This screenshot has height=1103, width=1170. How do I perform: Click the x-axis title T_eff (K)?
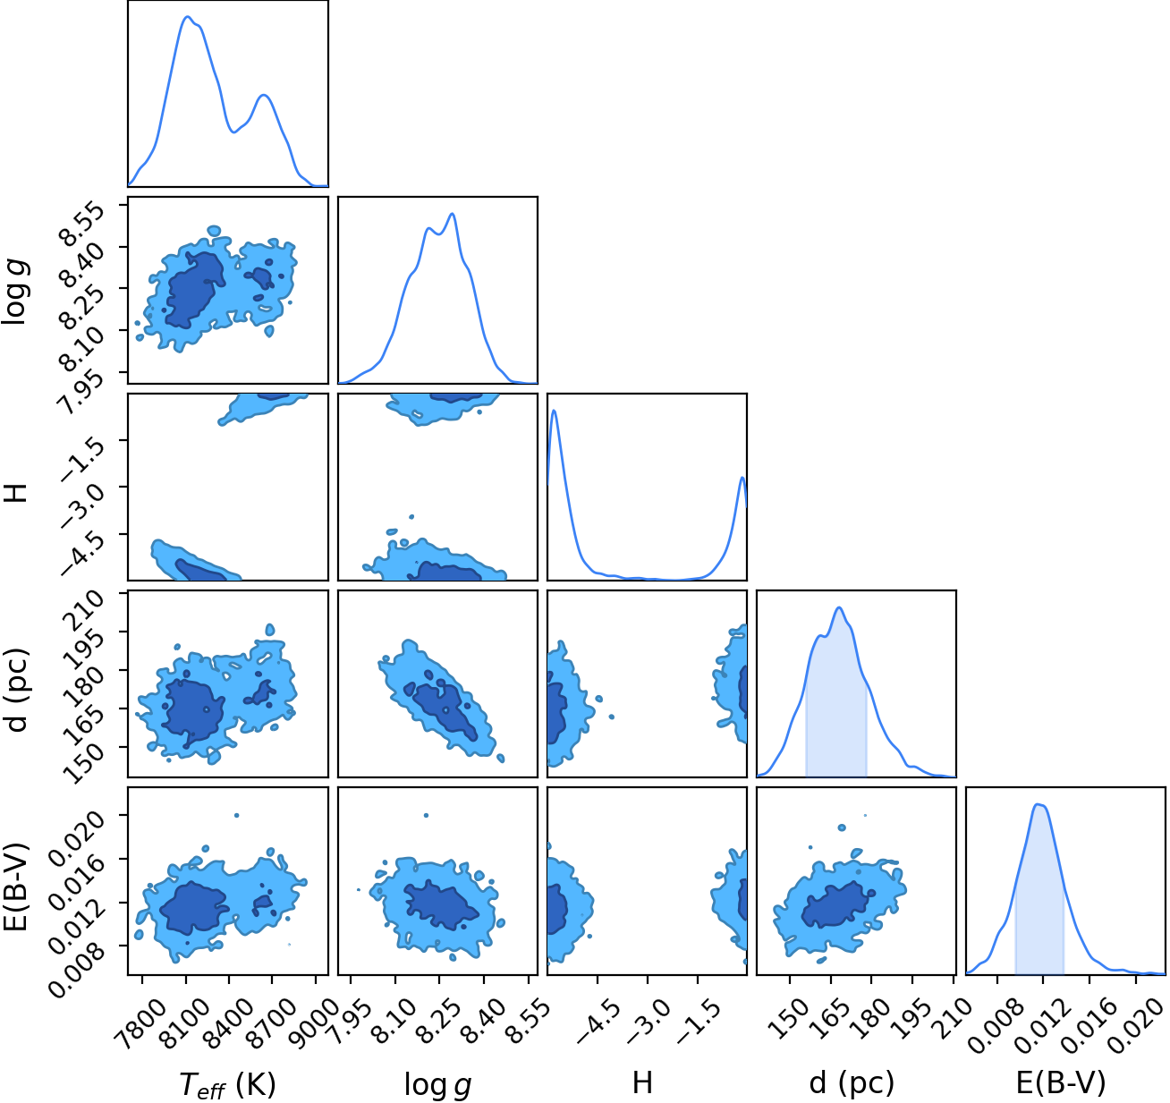click(x=227, y=1083)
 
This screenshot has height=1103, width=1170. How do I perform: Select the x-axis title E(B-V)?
click(x=1060, y=1082)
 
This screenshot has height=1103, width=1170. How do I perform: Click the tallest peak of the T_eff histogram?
click(x=187, y=16)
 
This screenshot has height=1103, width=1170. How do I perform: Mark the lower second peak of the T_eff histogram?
click(x=264, y=95)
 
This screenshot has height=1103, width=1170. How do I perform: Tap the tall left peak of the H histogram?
click(x=554, y=411)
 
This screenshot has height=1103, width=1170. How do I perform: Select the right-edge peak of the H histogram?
click(x=742, y=478)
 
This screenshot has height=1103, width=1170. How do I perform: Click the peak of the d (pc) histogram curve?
click(x=839, y=607)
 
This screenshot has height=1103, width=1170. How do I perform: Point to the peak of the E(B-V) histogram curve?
click(x=1039, y=805)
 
